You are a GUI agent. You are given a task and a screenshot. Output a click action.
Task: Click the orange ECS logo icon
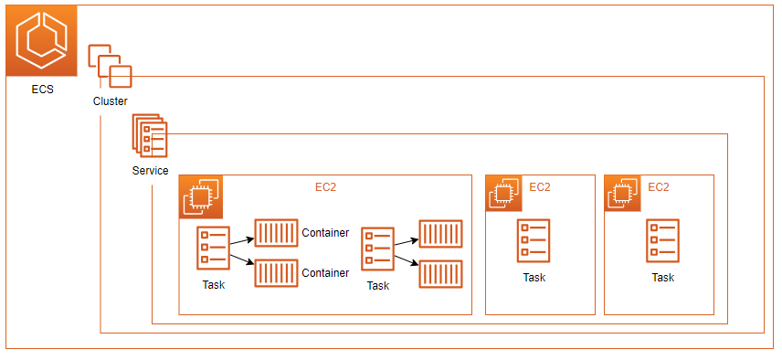click(x=41, y=41)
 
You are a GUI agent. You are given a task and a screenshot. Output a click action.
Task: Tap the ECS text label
click(x=41, y=90)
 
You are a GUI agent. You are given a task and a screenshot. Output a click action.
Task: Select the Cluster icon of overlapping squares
click(x=110, y=65)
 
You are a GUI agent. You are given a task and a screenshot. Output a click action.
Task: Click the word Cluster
click(x=111, y=101)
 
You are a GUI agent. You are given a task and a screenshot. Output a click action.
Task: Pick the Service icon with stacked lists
click(x=149, y=136)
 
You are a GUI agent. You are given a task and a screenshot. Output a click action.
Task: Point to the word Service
click(x=150, y=171)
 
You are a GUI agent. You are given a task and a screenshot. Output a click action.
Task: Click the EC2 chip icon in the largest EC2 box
click(x=201, y=197)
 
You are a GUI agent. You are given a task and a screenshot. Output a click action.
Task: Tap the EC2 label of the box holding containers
click(x=327, y=187)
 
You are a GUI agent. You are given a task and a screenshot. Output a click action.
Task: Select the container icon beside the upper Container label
click(x=276, y=233)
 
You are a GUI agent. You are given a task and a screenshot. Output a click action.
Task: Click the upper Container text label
click(x=325, y=233)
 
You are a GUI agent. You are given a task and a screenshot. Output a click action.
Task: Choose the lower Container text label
click(x=325, y=273)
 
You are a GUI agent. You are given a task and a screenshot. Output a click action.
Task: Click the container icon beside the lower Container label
click(x=276, y=273)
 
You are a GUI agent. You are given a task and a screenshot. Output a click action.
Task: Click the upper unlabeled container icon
click(x=439, y=234)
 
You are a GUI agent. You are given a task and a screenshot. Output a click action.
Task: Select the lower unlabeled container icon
click(x=439, y=274)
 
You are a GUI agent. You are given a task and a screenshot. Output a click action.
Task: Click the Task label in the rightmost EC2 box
click(x=662, y=278)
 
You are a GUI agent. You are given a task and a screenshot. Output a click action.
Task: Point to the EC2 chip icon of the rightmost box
click(x=622, y=194)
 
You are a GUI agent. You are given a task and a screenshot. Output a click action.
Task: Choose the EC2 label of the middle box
click(x=540, y=187)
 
